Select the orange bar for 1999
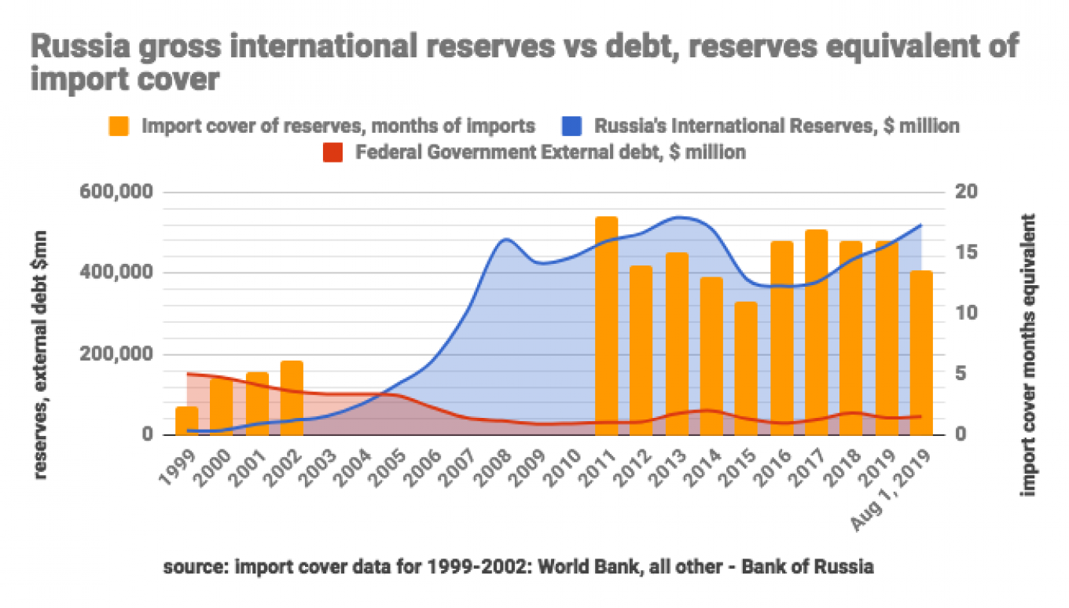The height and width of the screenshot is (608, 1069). coord(186,421)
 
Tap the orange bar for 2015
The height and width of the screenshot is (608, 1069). coord(746,368)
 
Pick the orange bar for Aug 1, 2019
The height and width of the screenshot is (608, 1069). coord(921,353)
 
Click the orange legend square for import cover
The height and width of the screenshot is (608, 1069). coord(119,126)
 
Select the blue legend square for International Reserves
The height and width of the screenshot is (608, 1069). coord(571,126)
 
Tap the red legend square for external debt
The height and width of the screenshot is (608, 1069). coord(333,152)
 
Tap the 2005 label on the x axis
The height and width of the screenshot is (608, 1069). coord(389,468)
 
